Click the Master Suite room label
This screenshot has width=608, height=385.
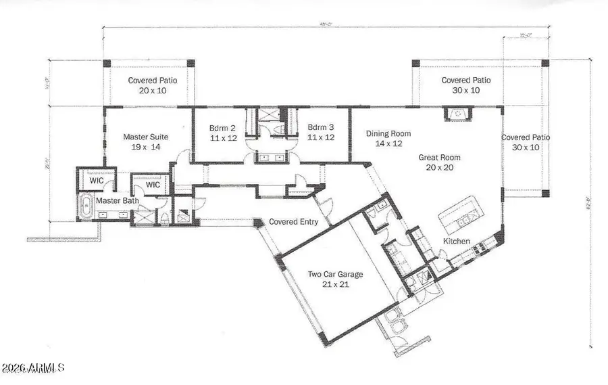pos(145,137)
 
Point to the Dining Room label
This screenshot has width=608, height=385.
pos(388,133)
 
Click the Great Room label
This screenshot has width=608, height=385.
pos(439,157)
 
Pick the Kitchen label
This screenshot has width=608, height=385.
pos(456,242)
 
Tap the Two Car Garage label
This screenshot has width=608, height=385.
pos(336,274)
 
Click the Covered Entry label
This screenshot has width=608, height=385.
pos(294,221)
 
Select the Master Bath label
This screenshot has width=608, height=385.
pos(117,201)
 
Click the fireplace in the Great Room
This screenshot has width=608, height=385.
pos(457,113)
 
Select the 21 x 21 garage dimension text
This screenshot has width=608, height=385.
pos(336,285)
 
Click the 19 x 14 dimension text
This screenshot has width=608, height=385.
pos(145,148)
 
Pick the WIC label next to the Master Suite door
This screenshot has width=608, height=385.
pos(153,184)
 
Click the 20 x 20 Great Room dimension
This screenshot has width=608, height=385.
pos(440,168)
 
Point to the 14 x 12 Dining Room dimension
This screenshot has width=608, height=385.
pos(388,144)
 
